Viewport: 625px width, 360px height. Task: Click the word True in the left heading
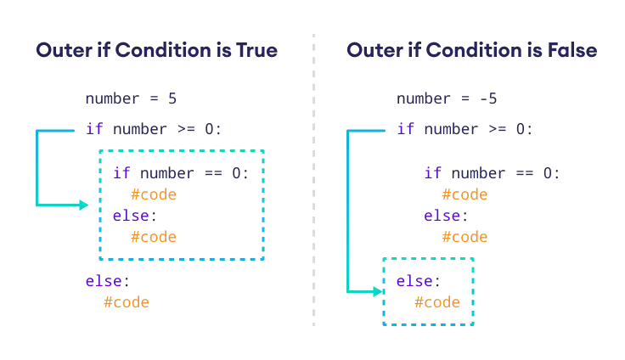tap(261, 51)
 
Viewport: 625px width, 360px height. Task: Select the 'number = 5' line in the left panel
tap(129, 99)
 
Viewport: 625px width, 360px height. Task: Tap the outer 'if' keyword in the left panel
tap(91, 130)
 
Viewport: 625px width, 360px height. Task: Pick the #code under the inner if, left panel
tap(153, 194)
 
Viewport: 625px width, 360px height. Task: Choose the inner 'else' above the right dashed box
tap(442, 217)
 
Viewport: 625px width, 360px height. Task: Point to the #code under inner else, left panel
tap(153, 237)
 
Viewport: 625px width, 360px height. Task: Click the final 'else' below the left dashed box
tap(103, 280)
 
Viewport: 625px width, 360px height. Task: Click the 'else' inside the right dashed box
tap(414, 281)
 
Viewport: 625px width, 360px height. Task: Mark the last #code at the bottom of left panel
tap(126, 301)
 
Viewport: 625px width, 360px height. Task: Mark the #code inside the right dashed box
tap(437, 302)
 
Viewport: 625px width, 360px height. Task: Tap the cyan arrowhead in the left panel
tap(82, 205)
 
